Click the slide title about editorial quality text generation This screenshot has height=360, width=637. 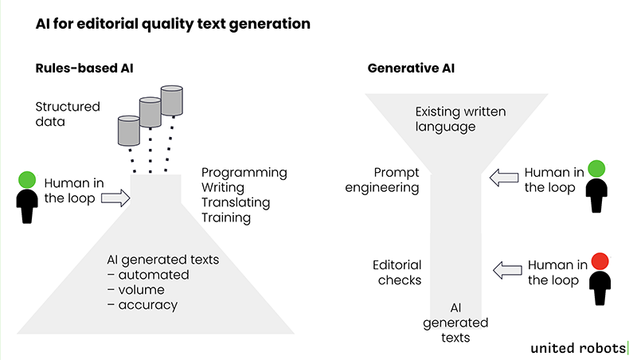[173, 24]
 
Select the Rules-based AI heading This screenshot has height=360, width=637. [84, 69]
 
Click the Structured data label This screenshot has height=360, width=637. [68, 115]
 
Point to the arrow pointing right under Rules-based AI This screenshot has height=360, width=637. [115, 198]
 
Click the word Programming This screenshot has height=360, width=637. [244, 172]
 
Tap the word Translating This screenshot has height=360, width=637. [236, 202]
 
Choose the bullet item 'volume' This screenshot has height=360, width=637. [139, 290]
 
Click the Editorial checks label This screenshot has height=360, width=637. [397, 272]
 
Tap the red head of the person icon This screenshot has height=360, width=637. [600, 260]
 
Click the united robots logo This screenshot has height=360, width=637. [580, 347]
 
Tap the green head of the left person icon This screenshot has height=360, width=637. [28, 180]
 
